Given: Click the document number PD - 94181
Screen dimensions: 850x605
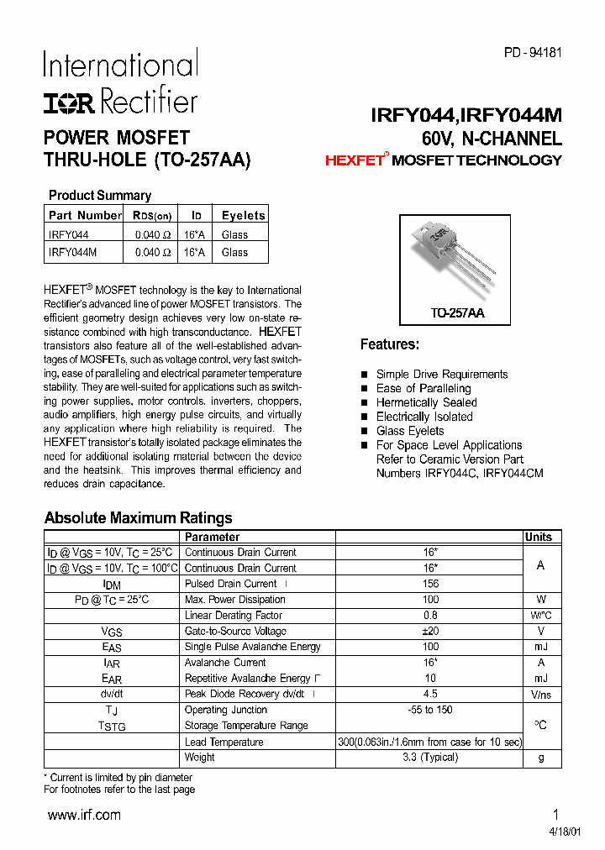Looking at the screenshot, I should (x=533, y=52).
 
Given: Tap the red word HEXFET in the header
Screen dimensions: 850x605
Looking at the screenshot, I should (x=354, y=160).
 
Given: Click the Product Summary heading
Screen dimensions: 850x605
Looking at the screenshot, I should (x=99, y=196).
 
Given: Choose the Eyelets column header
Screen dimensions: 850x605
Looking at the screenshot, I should (x=243, y=215).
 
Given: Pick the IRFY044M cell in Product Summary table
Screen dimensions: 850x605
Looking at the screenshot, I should (x=73, y=252).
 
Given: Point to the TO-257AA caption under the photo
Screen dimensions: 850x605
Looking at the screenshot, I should (x=457, y=313).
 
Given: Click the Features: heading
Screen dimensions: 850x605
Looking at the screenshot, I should (x=389, y=344).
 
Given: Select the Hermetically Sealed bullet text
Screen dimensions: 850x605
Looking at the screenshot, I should (x=426, y=402).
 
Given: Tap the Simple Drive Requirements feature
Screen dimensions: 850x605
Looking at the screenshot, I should (x=441, y=375).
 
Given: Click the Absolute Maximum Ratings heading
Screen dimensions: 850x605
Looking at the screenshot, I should (x=138, y=518).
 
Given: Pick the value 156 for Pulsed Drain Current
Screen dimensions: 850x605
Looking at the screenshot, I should (x=430, y=584).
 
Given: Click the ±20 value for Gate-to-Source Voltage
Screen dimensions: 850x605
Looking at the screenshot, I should (x=430, y=631).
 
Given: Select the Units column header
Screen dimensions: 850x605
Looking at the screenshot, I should (x=539, y=537).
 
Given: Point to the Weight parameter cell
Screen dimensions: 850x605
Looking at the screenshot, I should (x=200, y=757).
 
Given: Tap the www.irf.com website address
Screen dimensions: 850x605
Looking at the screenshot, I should (x=84, y=815).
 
